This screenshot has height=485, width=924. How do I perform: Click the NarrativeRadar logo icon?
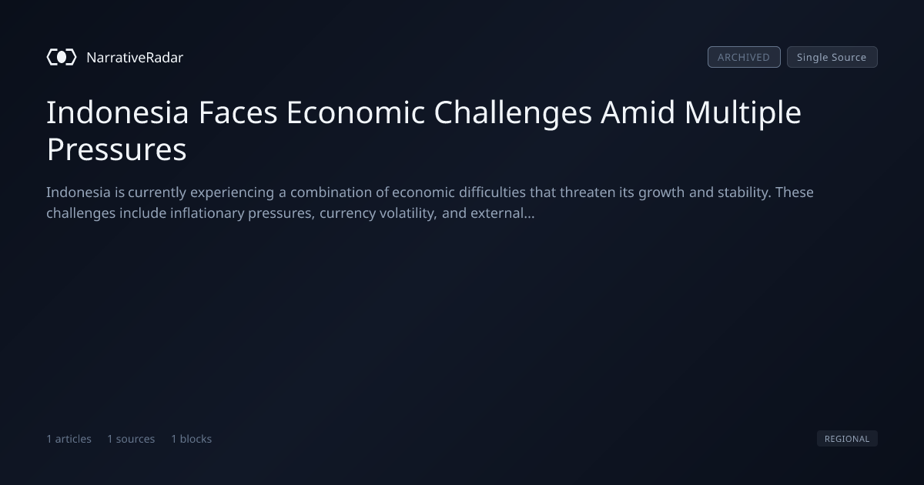[x=62, y=57]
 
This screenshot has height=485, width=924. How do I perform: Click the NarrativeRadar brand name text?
[x=135, y=57]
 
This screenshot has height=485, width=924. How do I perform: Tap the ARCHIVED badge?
[x=744, y=57]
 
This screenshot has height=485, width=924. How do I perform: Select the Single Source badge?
[x=832, y=57]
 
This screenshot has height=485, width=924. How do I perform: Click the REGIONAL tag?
[x=847, y=438]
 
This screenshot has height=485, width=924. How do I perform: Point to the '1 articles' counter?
[x=69, y=439]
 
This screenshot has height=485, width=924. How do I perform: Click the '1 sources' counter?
[x=131, y=439]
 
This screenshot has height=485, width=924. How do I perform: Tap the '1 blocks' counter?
[x=192, y=439]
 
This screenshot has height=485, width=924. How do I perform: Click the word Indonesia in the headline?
[x=118, y=112]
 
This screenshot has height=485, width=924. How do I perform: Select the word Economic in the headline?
[x=356, y=112]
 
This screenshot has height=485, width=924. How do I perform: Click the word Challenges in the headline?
[x=513, y=113]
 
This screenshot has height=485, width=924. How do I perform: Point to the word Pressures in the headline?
[x=117, y=149]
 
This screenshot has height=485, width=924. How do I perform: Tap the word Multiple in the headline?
[x=743, y=113]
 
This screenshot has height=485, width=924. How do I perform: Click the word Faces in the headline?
[x=238, y=112]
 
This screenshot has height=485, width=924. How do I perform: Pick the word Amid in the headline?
[x=638, y=112]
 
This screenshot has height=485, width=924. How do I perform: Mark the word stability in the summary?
[x=744, y=192]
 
